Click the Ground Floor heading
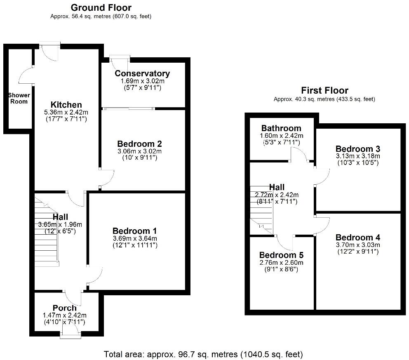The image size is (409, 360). [101, 7]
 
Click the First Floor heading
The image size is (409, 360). [324, 90]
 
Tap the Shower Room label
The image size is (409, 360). [19, 98]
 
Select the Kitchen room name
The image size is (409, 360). [66, 104]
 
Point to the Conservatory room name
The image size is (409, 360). [142, 73]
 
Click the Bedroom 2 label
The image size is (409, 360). [139, 144]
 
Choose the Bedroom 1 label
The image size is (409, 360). [134, 231]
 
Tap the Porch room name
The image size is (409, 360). [65, 308]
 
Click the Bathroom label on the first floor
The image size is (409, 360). [281, 128]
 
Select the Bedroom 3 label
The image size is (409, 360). [357, 149]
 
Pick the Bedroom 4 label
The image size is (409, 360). [357, 238]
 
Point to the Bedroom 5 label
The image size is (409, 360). [281, 254]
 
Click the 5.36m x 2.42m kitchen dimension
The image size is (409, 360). [66, 112]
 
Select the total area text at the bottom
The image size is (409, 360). [203, 354]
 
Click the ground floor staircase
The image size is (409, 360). [46, 231]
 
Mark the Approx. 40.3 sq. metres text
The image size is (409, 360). [324, 99]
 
